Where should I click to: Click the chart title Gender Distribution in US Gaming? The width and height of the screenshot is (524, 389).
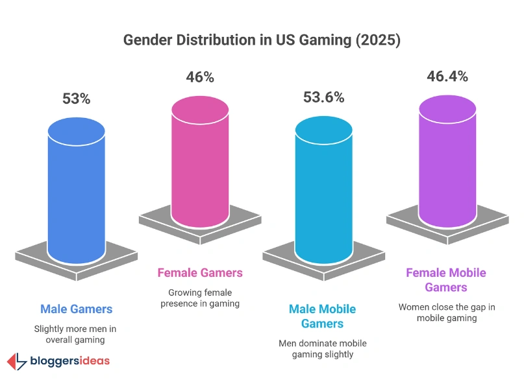click(x=262, y=40)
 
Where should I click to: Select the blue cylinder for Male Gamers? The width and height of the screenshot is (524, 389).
click(x=77, y=188)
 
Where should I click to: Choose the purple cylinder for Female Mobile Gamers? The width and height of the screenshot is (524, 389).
click(x=447, y=156)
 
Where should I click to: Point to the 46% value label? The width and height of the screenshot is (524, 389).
click(x=200, y=77)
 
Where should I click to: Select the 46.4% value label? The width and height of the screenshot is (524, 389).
click(x=447, y=77)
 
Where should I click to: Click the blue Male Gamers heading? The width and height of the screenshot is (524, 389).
click(x=77, y=309)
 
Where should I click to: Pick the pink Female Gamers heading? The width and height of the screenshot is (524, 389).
click(x=200, y=272)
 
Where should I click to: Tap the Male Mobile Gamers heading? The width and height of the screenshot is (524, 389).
click(x=323, y=316)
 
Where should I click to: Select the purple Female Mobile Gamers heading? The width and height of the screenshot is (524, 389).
click(x=446, y=279)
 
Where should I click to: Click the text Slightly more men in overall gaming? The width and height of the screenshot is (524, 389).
click(x=77, y=334)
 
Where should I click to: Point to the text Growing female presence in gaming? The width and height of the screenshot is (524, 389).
click(x=200, y=297)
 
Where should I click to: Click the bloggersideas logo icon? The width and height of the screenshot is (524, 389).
click(x=16, y=362)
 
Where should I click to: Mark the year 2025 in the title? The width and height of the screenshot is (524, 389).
click(x=379, y=40)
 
